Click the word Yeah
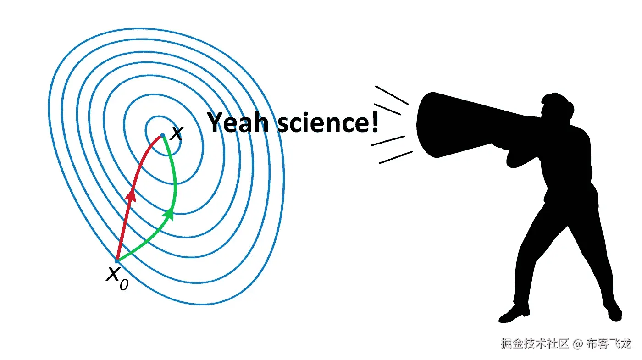(x=236, y=122)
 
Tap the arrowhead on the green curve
(x=170, y=213)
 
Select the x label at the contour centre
(x=176, y=133)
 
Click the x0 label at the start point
(x=116, y=277)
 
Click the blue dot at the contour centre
(x=162, y=135)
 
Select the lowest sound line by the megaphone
(x=395, y=157)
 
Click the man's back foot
(x=614, y=314)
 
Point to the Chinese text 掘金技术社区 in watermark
(x=535, y=343)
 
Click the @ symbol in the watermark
(x=578, y=343)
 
